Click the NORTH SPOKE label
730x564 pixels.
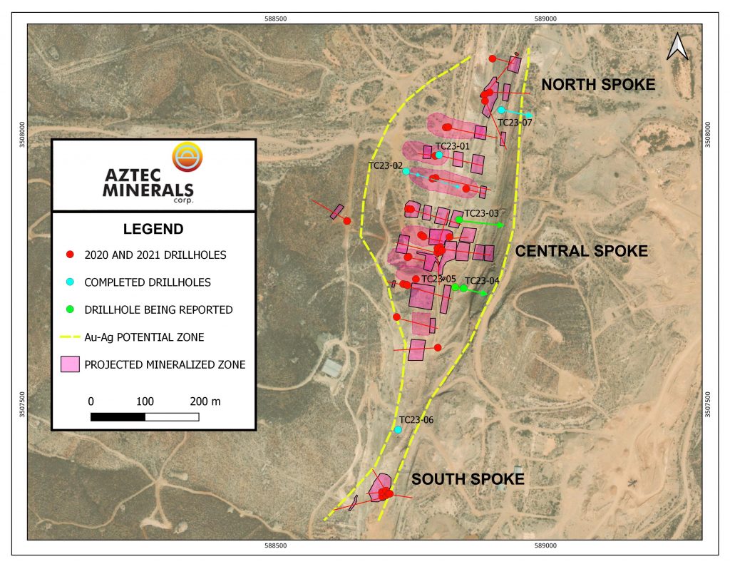(x=597, y=85)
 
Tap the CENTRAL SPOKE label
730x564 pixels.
(x=581, y=251)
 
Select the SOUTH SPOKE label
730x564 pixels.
(x=468, y=479)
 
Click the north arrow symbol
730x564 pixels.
(x=677, y=47)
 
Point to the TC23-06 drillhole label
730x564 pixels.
(x=416, y=420)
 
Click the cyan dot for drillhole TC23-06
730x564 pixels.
(x=399, y=430)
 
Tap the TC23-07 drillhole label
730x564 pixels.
(x=515, y=122)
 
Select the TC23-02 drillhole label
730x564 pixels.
(x=386, y=165)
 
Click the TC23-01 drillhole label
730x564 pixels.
(x=452, y=146)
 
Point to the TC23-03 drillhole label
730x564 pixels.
(x=481, y=213)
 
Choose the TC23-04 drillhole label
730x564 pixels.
(x=482, y=280)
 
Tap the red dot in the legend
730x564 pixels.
(x=70, y=255)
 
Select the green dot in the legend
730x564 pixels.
(x=70, y=309)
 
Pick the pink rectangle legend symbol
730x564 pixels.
(x=70, y=364)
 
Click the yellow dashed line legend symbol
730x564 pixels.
(x=70, y=337)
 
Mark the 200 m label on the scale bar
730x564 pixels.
(x=206, y=401)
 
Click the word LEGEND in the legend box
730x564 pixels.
(x=153, y=229)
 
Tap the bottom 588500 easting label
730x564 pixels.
(x=275, y=546)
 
